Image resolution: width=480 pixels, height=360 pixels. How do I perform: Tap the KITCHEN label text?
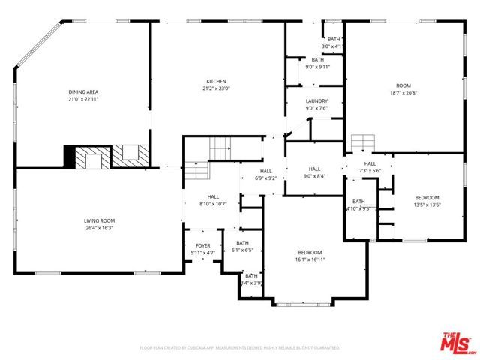[x=217, y=82]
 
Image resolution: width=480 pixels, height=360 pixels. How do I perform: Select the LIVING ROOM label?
[x=99, y=220]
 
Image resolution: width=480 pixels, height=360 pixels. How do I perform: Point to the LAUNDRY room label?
[x=316, y=100]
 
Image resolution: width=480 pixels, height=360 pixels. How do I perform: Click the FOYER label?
[x=203, y=246]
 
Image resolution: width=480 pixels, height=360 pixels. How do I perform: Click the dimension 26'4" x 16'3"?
[x=99, y=227]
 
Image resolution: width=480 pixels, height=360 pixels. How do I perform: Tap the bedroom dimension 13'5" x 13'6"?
[x=427, y=205]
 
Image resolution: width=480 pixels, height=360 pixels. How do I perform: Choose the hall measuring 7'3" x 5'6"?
[x=369, y=171]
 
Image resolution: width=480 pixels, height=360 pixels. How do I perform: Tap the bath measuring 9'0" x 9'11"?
[x=317, y=66]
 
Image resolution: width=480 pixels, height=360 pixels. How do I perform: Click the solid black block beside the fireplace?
[x=70, y=157]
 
